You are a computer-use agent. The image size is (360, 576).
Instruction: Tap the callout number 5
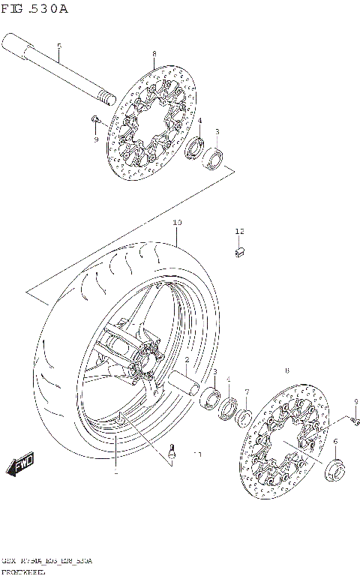58,46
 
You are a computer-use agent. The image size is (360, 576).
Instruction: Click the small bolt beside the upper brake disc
95,120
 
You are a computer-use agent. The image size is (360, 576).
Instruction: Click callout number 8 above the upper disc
154,54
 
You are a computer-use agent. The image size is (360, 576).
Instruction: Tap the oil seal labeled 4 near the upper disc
196,147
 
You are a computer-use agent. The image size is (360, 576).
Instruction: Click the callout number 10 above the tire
177,223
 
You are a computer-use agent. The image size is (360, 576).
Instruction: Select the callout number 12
239,231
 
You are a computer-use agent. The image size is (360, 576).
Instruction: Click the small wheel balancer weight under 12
239,252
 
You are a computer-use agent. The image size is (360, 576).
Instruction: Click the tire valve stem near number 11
173,451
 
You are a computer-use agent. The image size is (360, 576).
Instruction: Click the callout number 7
246,391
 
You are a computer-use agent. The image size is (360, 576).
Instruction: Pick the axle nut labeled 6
334,471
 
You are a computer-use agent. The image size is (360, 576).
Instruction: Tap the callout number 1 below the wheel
115,472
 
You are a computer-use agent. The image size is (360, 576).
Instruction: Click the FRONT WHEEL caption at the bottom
23,570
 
